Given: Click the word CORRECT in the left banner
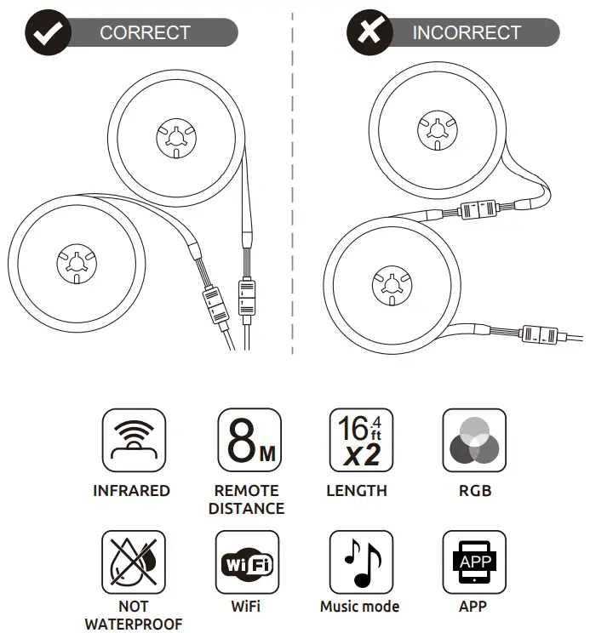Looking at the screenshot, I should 145,33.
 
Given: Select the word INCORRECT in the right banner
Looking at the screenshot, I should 467,33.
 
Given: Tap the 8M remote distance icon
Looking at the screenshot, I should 248,441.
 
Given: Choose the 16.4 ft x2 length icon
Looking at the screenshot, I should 360,441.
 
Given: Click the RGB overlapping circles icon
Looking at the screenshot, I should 474,441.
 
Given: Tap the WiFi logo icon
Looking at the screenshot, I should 248,562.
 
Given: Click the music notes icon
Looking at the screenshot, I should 360,562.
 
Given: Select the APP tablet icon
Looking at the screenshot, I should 474,562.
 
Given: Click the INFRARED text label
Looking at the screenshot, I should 132,491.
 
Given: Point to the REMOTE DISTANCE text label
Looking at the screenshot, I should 247,499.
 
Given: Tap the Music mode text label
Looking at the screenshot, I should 359,607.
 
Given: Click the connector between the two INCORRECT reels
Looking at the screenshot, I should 478,208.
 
